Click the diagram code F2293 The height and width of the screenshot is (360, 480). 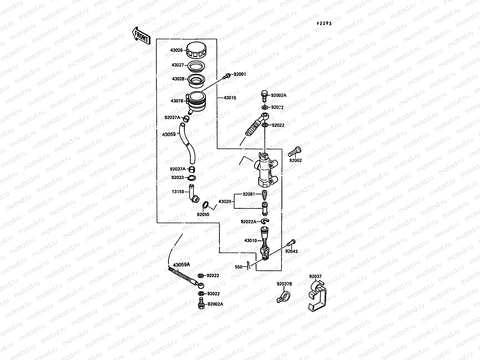[324, 23]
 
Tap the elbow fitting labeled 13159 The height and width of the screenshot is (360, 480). [193, 195]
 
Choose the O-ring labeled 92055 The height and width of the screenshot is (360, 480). [206, 205]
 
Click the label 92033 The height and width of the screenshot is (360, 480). [178, 178]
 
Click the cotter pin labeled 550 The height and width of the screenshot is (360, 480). [248, 265]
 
